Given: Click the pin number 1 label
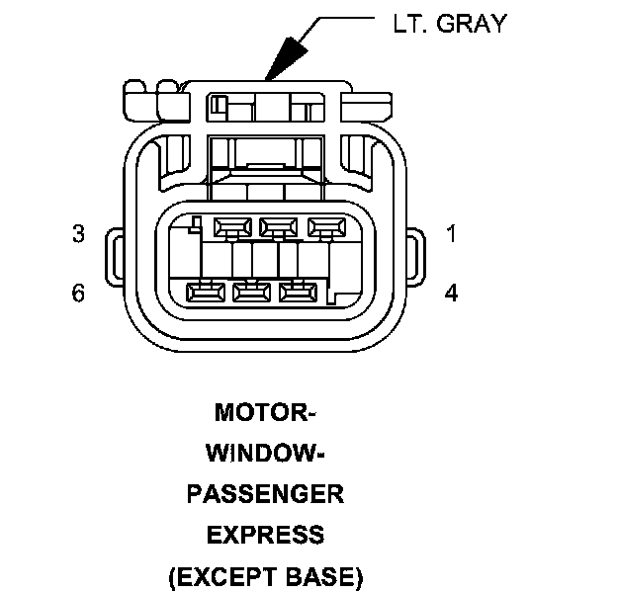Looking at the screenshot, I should coord(451,234).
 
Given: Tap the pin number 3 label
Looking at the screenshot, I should coord(78,234).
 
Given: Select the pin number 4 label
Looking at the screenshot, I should coord(451,294).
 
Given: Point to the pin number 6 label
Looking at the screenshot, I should coord(78,294).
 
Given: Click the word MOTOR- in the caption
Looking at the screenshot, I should coord(265,411).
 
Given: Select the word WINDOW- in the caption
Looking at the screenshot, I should coord(265,453).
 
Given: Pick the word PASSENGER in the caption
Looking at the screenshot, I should coord(265,494).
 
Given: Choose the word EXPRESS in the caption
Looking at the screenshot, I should coord(265,535).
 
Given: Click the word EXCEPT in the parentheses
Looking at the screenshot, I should coord(228,576).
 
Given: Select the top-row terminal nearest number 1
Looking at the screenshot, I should coord(325,227).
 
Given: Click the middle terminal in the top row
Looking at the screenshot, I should coord(279,227).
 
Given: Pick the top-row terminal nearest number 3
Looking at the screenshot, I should coord(231,227).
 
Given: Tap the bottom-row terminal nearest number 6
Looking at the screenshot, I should coord(206,292).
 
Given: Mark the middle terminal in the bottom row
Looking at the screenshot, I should coord(251,292).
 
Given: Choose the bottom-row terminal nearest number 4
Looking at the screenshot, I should coord(298,292).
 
